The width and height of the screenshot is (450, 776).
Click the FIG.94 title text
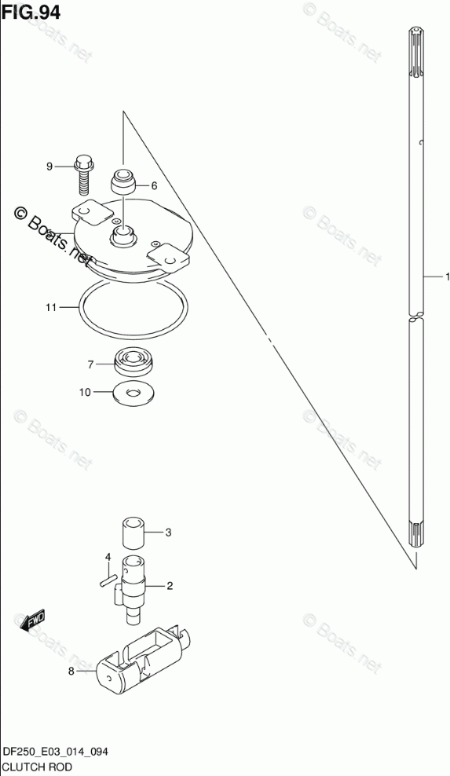pyautogui.click(x=31, y=13)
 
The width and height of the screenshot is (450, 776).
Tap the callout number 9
pyautogui.click(x=49, y=167)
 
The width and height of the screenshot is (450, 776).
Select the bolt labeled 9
pyautogui.click(x=84, y=175)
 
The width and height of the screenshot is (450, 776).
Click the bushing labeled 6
pyautogui.click(x=123, y=183)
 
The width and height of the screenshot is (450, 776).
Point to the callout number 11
pyautogui.click(x=51, y=308)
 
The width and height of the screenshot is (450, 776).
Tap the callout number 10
pyautogui.click(x=85, y=393)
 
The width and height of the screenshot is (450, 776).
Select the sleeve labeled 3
pyautogui.click(x=134, y=533)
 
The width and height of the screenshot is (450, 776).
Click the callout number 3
pyautogui.click(x=168, y=533)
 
